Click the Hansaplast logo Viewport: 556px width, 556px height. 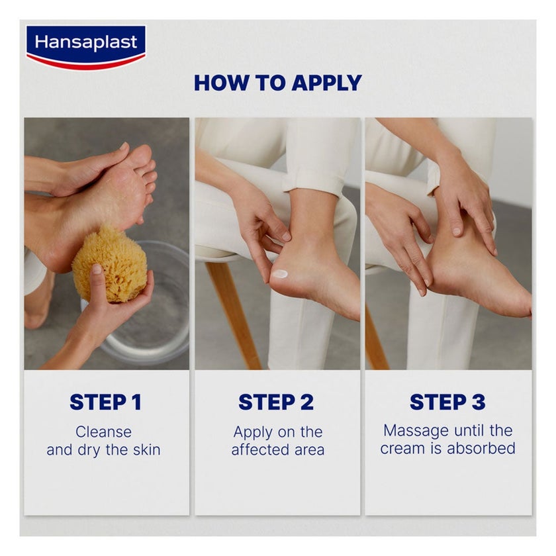point(85,47)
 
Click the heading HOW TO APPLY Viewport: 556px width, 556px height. point(278,83)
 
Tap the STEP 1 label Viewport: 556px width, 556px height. point(105,402)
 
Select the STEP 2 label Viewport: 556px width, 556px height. point(277,402)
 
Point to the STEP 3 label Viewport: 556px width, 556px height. point(447,402)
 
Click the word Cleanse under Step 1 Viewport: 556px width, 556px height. point(103,432)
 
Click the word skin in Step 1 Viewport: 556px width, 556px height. point(146,450)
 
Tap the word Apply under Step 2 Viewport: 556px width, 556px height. point(253,432)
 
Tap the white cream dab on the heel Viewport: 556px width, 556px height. point(280,273)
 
